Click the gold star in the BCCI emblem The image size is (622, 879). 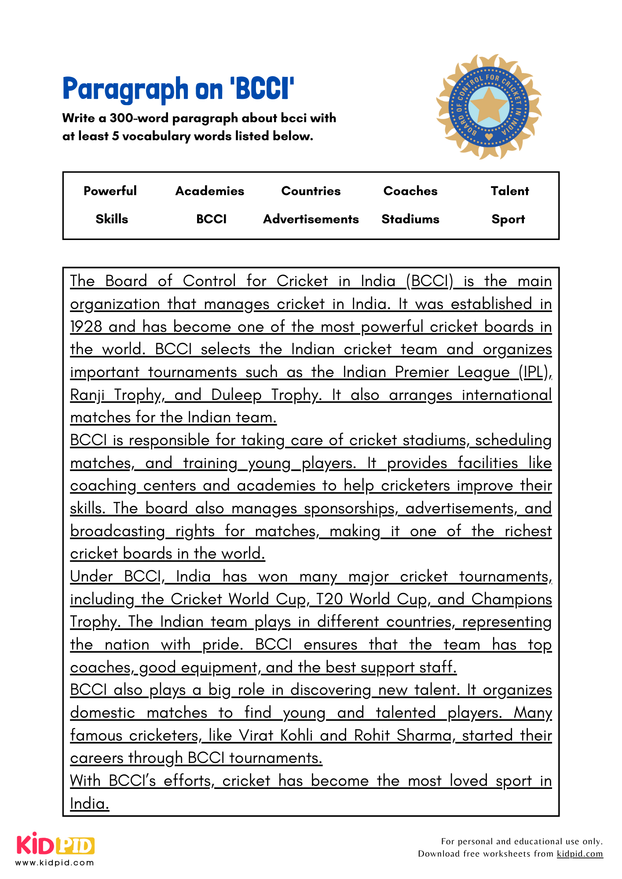[x=489, y=106]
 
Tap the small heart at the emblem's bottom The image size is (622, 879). [x=489, y=137]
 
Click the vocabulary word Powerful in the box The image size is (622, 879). [x=110, y=191]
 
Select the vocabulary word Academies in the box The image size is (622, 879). [x=209, y=191]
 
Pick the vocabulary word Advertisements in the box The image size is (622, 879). [x=311, y=219]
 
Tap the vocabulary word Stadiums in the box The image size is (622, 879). [x=410, y=219]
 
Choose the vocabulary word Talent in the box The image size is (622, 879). [x=509, y=191]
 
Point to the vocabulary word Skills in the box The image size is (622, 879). [x=112, y=219]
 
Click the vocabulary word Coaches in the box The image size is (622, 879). [x=410, y=191]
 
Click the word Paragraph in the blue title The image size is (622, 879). [x=125, y=89]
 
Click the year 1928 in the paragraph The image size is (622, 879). [x=86, y=327]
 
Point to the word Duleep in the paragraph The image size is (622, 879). [x=236, y=395]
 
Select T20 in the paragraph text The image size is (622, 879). [x=329, y=599]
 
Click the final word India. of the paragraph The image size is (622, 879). [x=89, y=803]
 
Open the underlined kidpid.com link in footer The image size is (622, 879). [x=579, y=854]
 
